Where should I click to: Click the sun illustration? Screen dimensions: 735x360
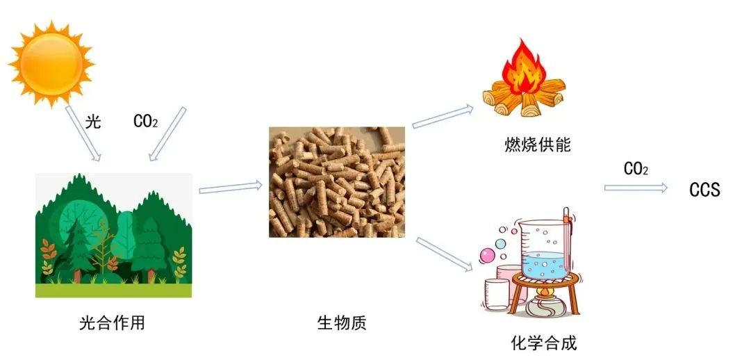point(51,63)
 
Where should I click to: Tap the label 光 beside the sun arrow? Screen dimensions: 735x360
point(93,122)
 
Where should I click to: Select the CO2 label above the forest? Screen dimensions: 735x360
point(145,122)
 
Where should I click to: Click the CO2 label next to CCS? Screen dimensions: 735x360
point(636,169)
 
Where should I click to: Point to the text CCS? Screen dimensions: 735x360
point(704,190)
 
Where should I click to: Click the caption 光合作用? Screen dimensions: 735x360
point(113,323)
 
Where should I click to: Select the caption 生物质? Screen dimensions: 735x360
point(342,323)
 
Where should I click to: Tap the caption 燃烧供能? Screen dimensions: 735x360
point(537,145)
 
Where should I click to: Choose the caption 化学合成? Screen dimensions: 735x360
point(544,343)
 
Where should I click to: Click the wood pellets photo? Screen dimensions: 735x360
point(336,182)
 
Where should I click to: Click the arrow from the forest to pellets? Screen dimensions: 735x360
point(231,188)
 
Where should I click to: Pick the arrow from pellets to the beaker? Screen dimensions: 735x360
point(444,254)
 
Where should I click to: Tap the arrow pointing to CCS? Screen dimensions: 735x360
point(636,188)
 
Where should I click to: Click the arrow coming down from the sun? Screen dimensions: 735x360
point(83,133)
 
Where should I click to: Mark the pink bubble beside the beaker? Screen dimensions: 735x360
point(487,256)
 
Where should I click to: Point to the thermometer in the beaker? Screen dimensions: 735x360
point(565,238)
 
